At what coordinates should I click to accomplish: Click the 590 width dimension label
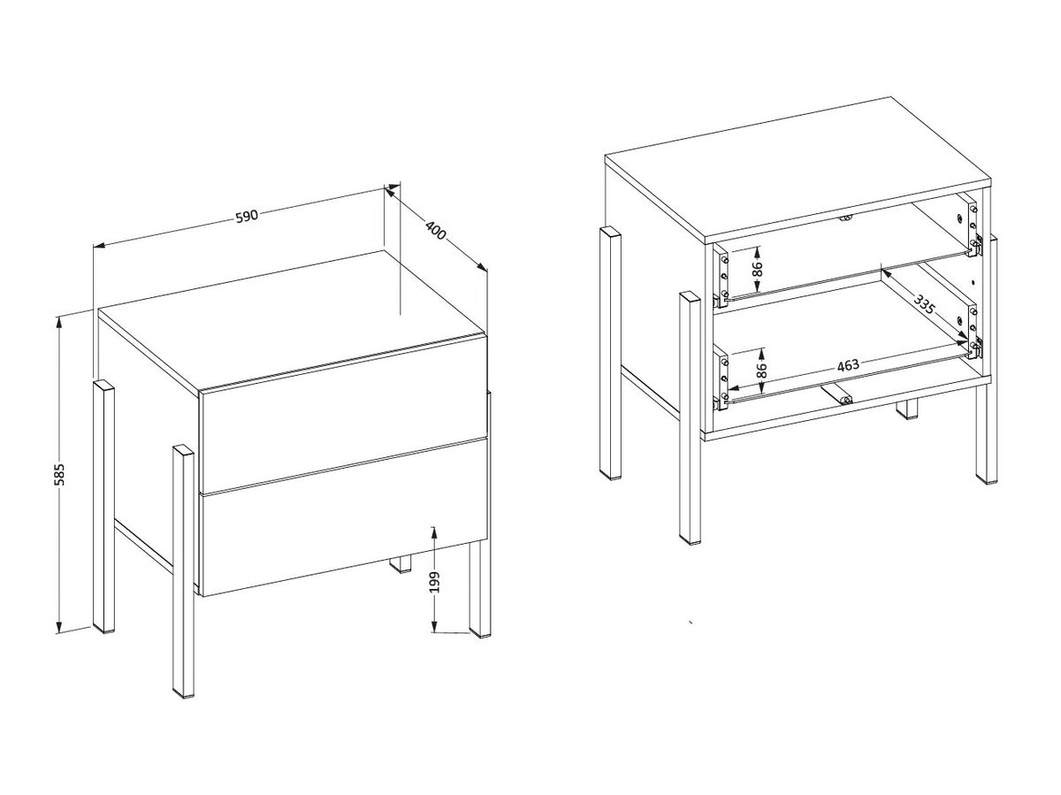(x=247, y=217)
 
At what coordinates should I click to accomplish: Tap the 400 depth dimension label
(x=435, y=230)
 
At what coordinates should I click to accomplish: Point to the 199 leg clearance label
(x=435, y=582)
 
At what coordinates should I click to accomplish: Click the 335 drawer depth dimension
(x=924, y=304)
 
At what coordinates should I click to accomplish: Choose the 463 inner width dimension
(x=848, y=365)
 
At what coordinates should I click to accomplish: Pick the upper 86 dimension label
(x=758, y=269)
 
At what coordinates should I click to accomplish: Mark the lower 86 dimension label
(x=761, y=371)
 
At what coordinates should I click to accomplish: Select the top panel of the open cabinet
(x=798, y=170)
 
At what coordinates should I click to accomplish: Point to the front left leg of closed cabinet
(x=183, y=572)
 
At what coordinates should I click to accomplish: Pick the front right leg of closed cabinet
(x=479, y=588)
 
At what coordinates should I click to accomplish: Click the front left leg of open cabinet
(x=690, y=418)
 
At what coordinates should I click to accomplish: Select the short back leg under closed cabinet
(x=401, y=563)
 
